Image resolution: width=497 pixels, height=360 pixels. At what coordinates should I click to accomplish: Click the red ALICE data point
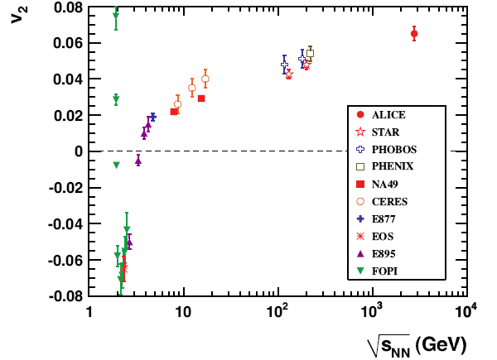(x=414, y=34)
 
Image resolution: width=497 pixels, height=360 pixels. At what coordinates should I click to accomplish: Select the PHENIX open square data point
(x=310, y=53)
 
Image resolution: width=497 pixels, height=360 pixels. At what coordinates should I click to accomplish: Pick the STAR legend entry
(x=384, y=132)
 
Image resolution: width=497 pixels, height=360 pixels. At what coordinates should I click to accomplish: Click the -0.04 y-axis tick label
(x=65, y=223)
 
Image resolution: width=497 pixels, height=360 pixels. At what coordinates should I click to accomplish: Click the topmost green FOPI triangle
(x=116, y=16)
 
